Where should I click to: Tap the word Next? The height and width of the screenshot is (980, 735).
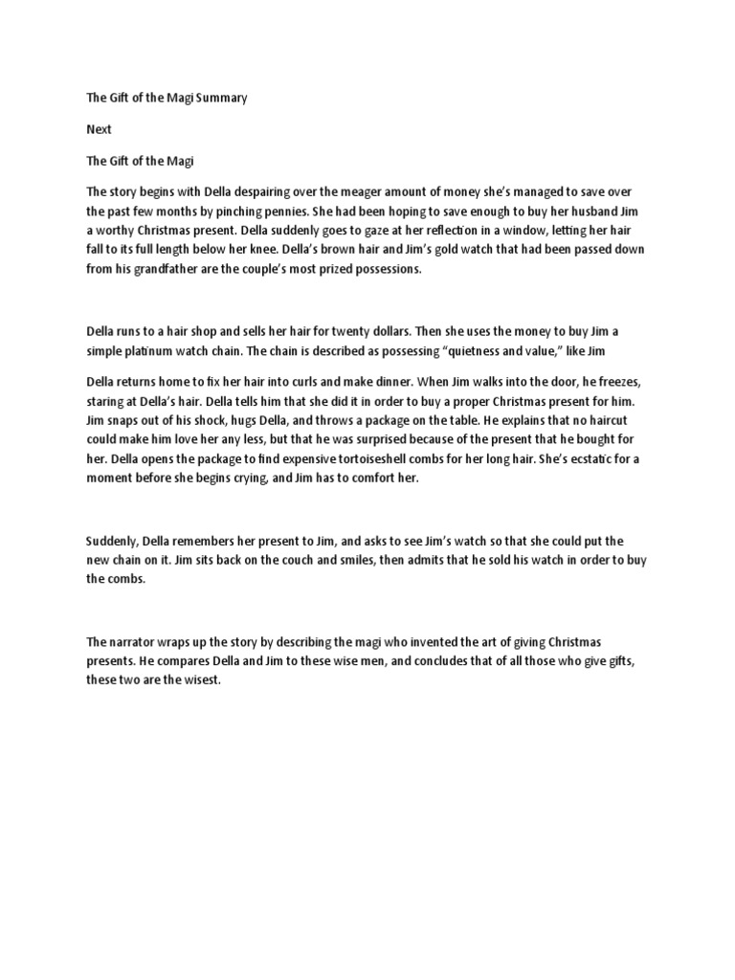tap(99, 129)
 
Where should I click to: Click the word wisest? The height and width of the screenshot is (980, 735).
tap(199, 680)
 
